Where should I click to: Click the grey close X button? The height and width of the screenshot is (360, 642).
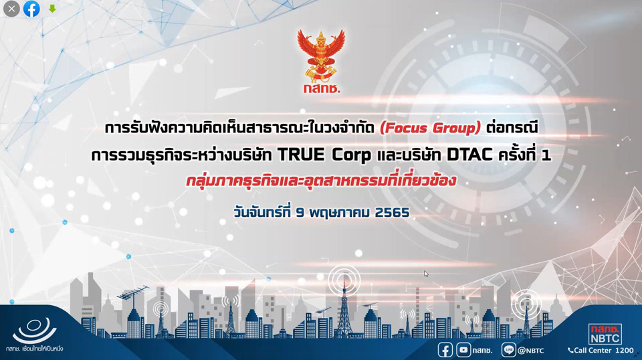(x=11, y=9)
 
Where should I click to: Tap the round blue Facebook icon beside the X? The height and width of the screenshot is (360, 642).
(x=31, y=9)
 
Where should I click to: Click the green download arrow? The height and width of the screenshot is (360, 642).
(x=52, y=8)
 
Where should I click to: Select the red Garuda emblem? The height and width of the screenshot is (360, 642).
(x=321, y=56)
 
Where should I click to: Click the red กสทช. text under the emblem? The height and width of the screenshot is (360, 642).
(x=322, y=88)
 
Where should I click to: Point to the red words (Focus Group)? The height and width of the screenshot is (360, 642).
(x=430, y=128)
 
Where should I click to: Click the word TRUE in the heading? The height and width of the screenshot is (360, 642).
(x=301, y=155)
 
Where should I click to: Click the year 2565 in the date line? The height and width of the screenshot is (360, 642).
(x=392, y=213)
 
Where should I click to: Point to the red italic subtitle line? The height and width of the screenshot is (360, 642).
(x=321, y=181)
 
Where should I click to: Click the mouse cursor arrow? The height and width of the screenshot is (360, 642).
(x=426, y=274)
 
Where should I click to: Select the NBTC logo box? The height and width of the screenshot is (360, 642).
(x=605, y=334)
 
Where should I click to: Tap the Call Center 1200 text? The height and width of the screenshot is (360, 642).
(x=601, y=350)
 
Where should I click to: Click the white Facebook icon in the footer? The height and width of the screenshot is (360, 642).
(x=445, y=350)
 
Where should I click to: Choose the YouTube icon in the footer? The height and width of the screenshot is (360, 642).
(x=463, y=350)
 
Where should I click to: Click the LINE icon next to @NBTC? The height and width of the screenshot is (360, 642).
(x=508, y=350)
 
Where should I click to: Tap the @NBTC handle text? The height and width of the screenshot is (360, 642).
(x=530, y=351)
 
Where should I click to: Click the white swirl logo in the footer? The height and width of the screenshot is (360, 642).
(x=34, y=330)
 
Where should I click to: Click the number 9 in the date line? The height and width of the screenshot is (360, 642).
(x=300, y=213)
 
